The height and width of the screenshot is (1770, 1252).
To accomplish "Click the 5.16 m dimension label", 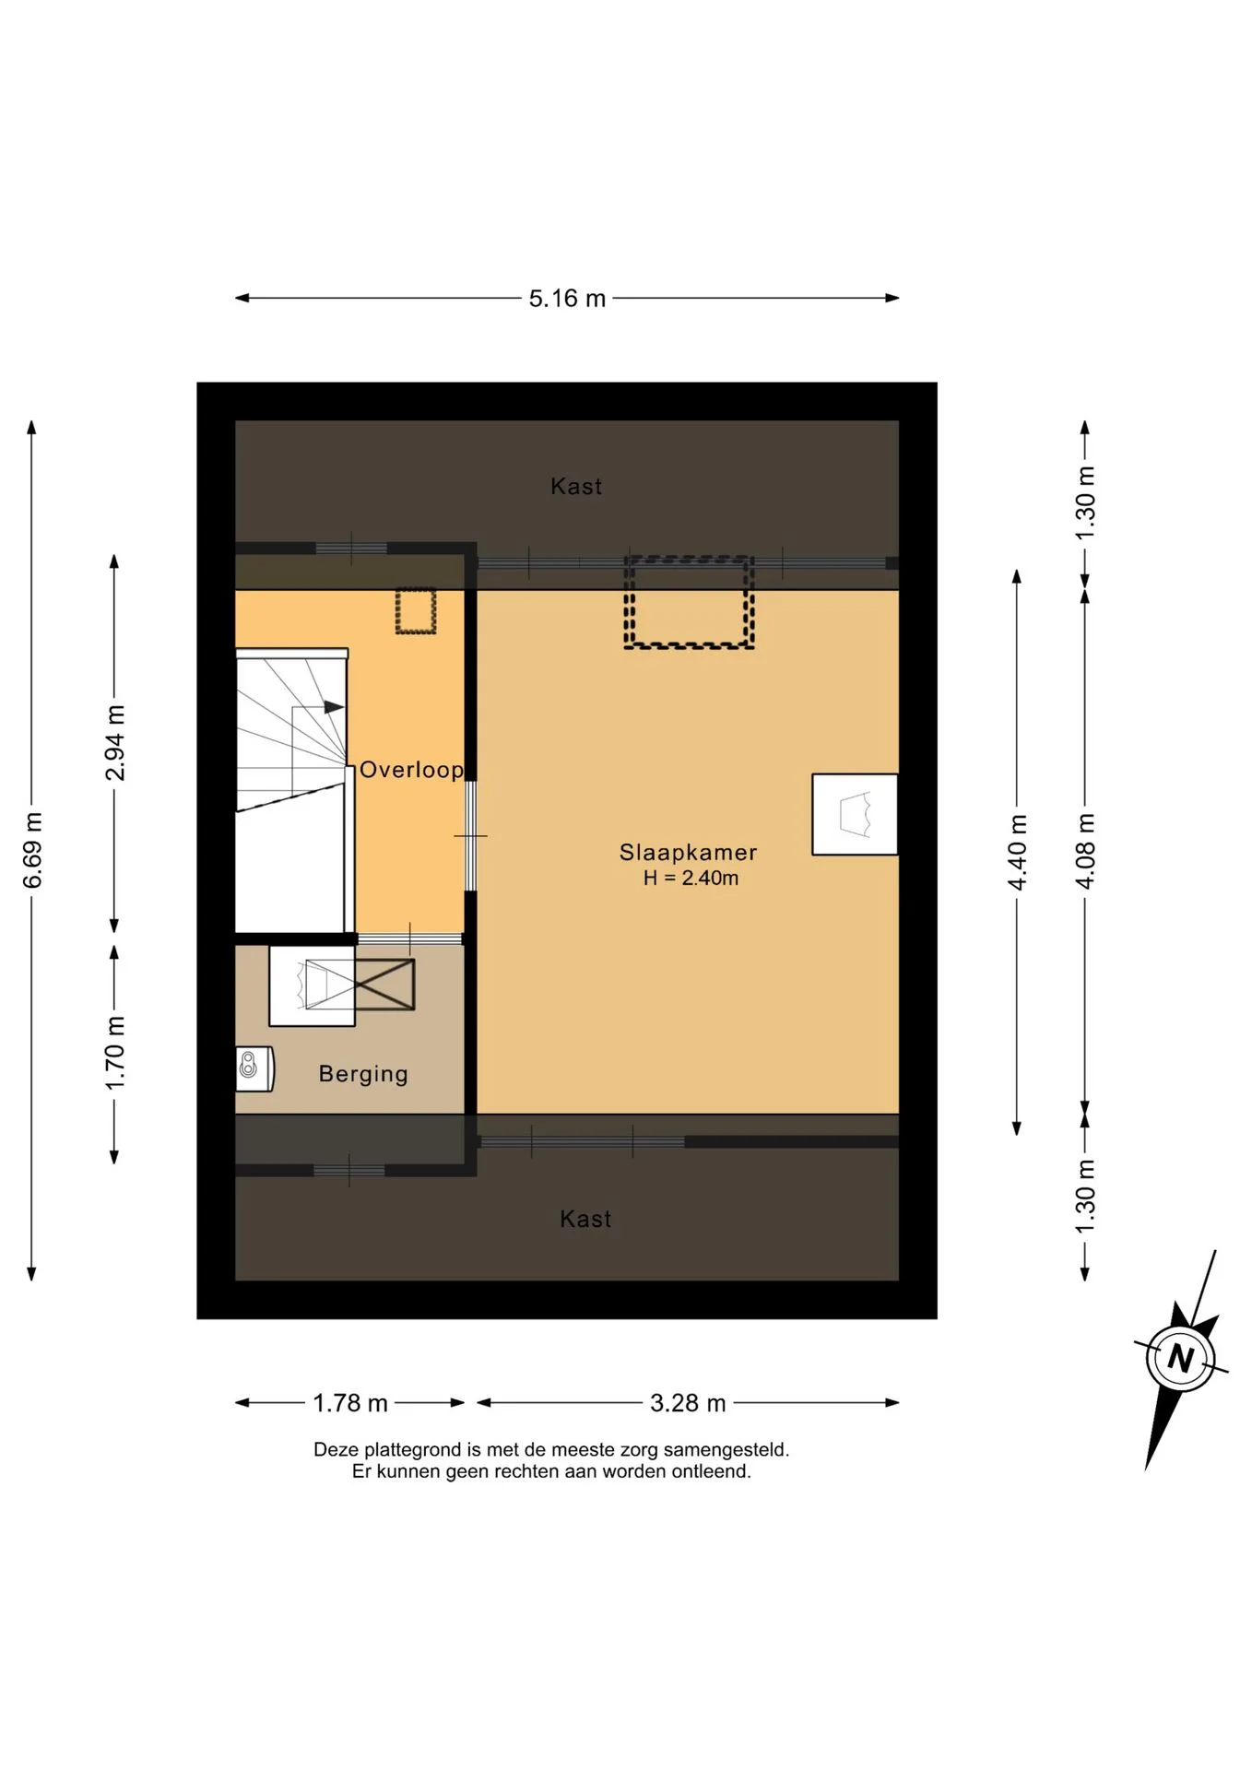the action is coord(567,299).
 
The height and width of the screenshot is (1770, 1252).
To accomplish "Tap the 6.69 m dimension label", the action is coord(32,851).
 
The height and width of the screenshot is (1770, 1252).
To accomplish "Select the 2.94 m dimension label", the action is coord(114,743).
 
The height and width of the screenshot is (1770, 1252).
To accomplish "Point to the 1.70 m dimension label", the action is coord(114,1053).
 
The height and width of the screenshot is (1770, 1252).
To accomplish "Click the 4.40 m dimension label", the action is coord(1017,853).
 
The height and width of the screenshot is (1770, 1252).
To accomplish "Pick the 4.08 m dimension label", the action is coord(1085,851).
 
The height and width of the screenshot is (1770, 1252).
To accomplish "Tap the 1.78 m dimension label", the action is coord(350,1403).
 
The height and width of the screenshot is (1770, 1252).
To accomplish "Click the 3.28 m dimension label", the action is coord(688,1403).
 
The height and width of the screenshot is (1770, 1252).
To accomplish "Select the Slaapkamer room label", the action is coord(688,853).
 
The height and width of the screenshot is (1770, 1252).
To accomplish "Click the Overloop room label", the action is coord(411,770).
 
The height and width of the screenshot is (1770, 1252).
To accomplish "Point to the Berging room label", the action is coord(363,1074).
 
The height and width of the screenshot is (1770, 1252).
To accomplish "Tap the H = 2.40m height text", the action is coord(691,879).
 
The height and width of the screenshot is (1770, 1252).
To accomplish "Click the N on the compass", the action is coord(1181,1358).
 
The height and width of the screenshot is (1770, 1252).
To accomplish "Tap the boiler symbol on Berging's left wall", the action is coord(254,1069).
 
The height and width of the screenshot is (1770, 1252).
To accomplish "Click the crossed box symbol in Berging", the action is coord(384,985).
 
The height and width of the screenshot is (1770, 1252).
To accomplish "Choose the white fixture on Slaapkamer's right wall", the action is coord(855,815).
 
